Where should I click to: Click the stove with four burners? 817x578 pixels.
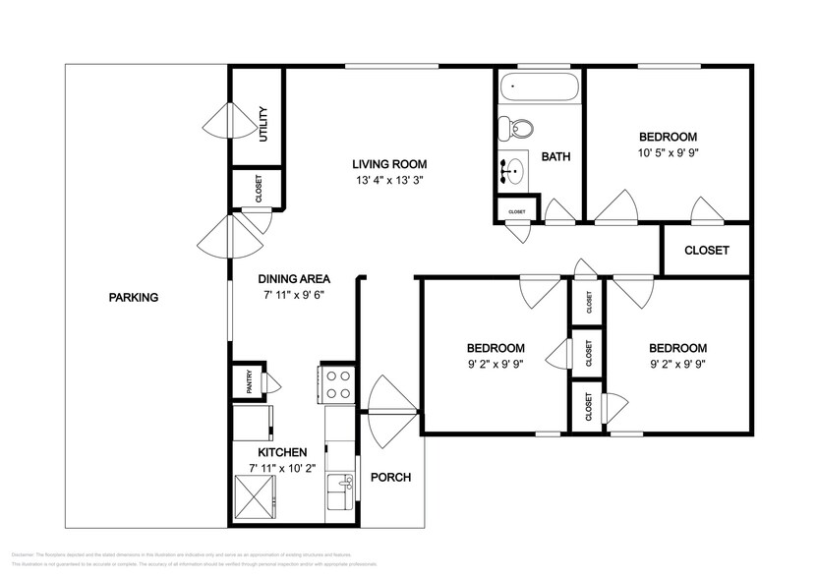coord(339,383)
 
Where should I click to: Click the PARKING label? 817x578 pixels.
coord(133,298)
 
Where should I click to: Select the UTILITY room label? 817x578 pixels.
coord(263,124)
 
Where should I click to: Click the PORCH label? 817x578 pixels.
coord(390,478)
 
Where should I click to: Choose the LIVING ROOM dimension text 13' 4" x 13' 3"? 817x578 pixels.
coord(390,181)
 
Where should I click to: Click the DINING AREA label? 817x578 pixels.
coord(293,278)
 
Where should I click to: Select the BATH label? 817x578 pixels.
coord(555,156)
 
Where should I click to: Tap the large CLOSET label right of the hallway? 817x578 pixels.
coord(707,251)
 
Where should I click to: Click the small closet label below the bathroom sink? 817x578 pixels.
coord(516,212)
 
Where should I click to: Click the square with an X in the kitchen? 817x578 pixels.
coord(256,491)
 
